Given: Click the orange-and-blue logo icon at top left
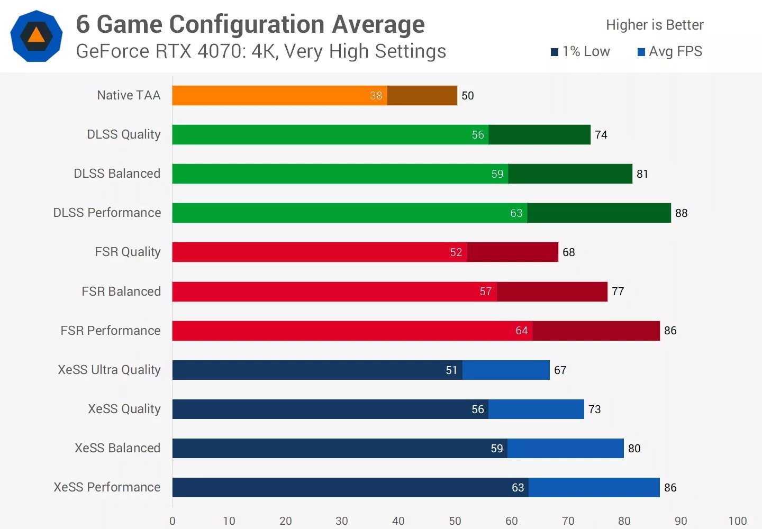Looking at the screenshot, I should (x=37, y=36).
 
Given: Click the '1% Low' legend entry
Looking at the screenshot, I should (x=580, y=51).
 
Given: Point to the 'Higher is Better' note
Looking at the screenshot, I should (x=655, y=25).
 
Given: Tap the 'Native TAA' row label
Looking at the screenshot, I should (x=129, y=95).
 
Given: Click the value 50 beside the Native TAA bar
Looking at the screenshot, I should (x=468, y=96).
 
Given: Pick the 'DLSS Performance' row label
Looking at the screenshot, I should (x=107, y=213).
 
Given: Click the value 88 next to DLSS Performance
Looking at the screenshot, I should (x=682, y=213).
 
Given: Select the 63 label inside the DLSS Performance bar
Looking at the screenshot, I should (x=516, y=213).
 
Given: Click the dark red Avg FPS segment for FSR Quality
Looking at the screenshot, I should (x=512, y=252).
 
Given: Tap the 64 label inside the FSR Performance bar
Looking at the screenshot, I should (x=522, y=331).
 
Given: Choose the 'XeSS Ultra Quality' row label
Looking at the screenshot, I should (x=109, y=370).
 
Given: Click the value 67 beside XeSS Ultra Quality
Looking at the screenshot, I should (x=560, y=370).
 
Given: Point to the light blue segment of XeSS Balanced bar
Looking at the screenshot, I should (x=565, y=448).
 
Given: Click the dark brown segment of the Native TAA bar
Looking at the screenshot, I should (x=422, y=95).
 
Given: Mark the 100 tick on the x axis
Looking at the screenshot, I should (x=738, y=521).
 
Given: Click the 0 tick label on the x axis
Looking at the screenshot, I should (x=173, y=521).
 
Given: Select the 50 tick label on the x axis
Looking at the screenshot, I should (x=455, y=521).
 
